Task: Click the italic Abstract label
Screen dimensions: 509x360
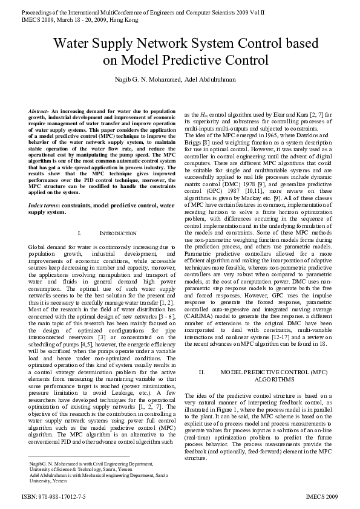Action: coord(39,113)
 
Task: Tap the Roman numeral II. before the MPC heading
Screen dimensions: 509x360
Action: coord(202,372)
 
